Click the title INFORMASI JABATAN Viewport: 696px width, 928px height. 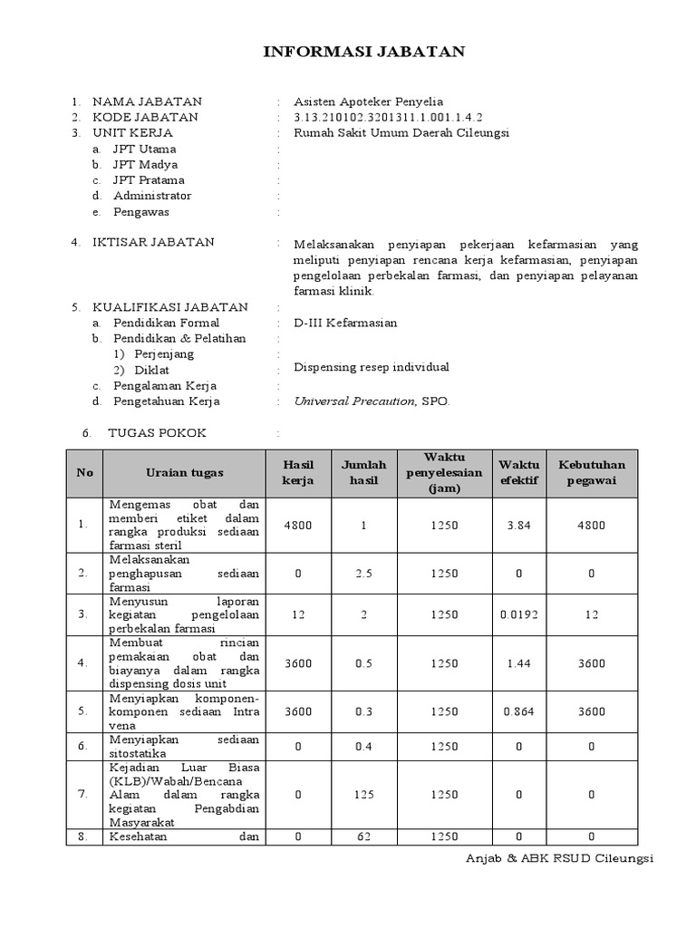pos(363,52)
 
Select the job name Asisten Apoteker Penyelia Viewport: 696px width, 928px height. pos(368,101)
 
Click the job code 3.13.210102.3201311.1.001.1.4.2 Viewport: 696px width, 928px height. pos(388,117)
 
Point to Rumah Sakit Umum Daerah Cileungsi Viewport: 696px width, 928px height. pos(401,132)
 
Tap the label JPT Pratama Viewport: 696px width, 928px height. pos(149,180)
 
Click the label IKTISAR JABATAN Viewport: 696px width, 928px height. pos(153,242)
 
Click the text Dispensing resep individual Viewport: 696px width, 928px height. pos(372,367)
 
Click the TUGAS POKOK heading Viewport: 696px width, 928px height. pos(157,433)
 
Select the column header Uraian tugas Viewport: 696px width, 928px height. pos(185,472)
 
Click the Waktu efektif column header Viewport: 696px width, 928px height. pos(519,472)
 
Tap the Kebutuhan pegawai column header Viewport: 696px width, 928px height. pos(592,472)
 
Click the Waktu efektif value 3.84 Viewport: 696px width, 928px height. pos(518,525)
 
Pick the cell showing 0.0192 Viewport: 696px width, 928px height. pos(518,614)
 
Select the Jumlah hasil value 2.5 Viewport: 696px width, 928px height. pos(363,573)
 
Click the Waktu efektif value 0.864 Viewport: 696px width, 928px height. pos(518,711)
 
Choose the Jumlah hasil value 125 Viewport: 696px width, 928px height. pos(363,794)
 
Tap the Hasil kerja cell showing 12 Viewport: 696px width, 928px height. pos(297,614)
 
